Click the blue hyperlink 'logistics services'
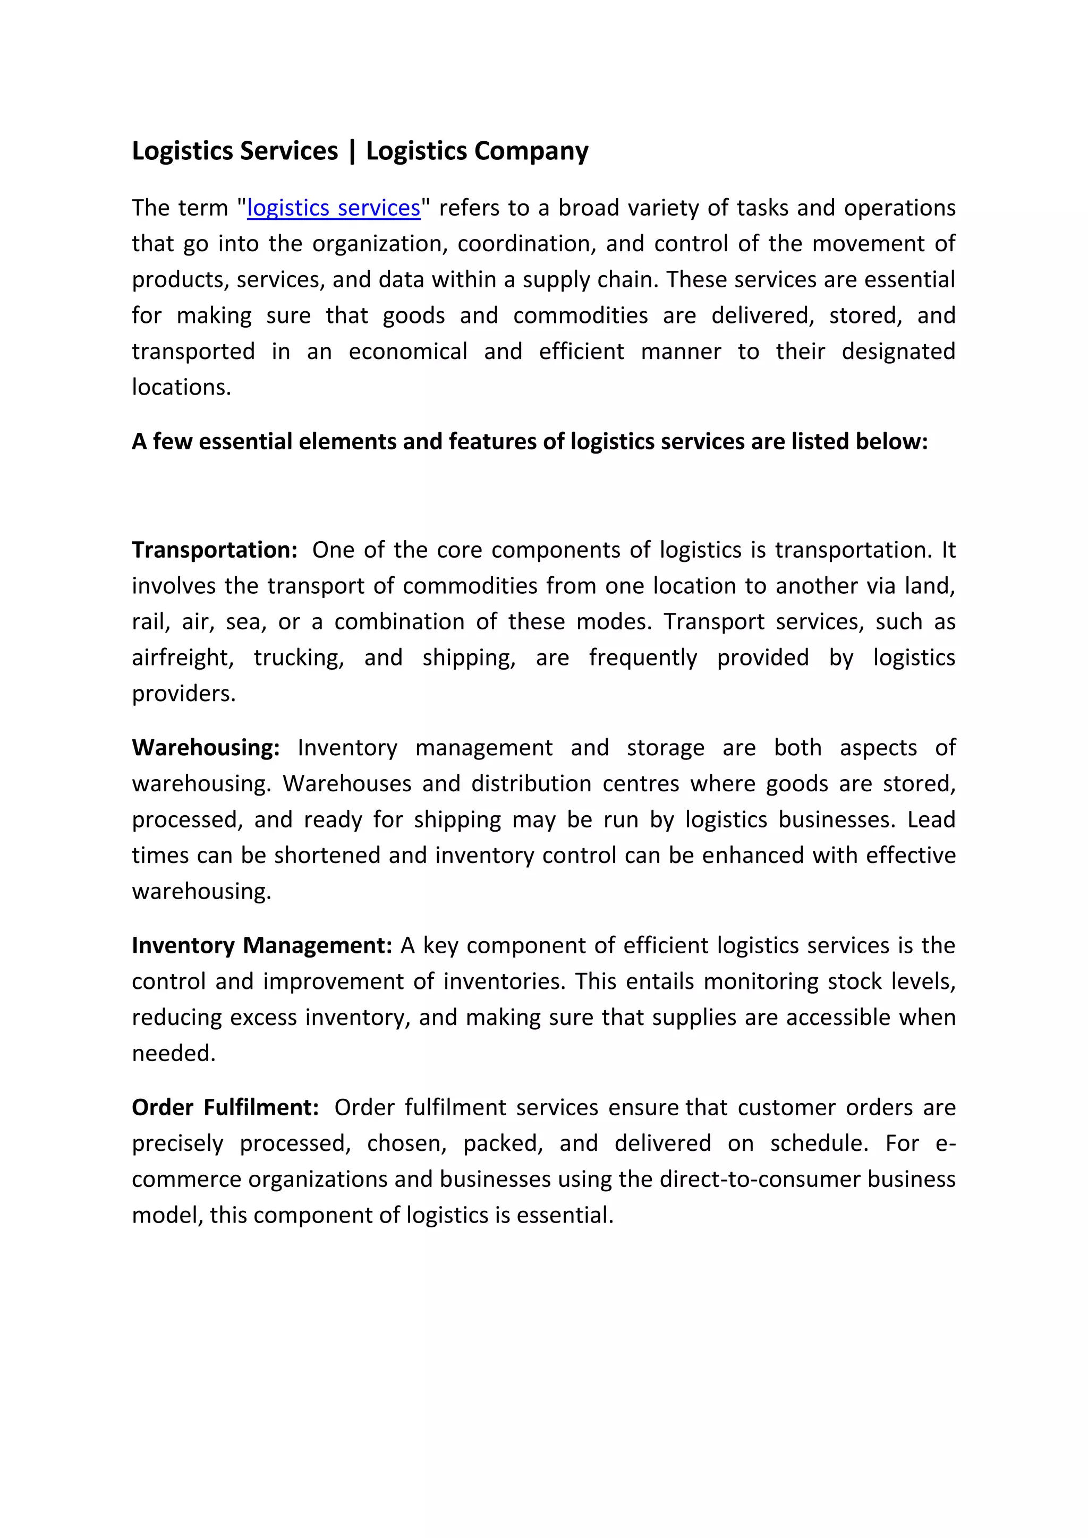(334, 208)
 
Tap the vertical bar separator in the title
(352, 151)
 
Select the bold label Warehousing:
(206, 748)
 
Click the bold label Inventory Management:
(262, 945)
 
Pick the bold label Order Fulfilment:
(225, 1107)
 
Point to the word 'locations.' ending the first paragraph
(181, 387)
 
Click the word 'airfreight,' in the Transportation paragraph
(182, 658)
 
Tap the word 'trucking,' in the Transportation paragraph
(299, 658)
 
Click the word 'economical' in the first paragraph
(407, 352)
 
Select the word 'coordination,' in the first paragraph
(526, 244)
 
